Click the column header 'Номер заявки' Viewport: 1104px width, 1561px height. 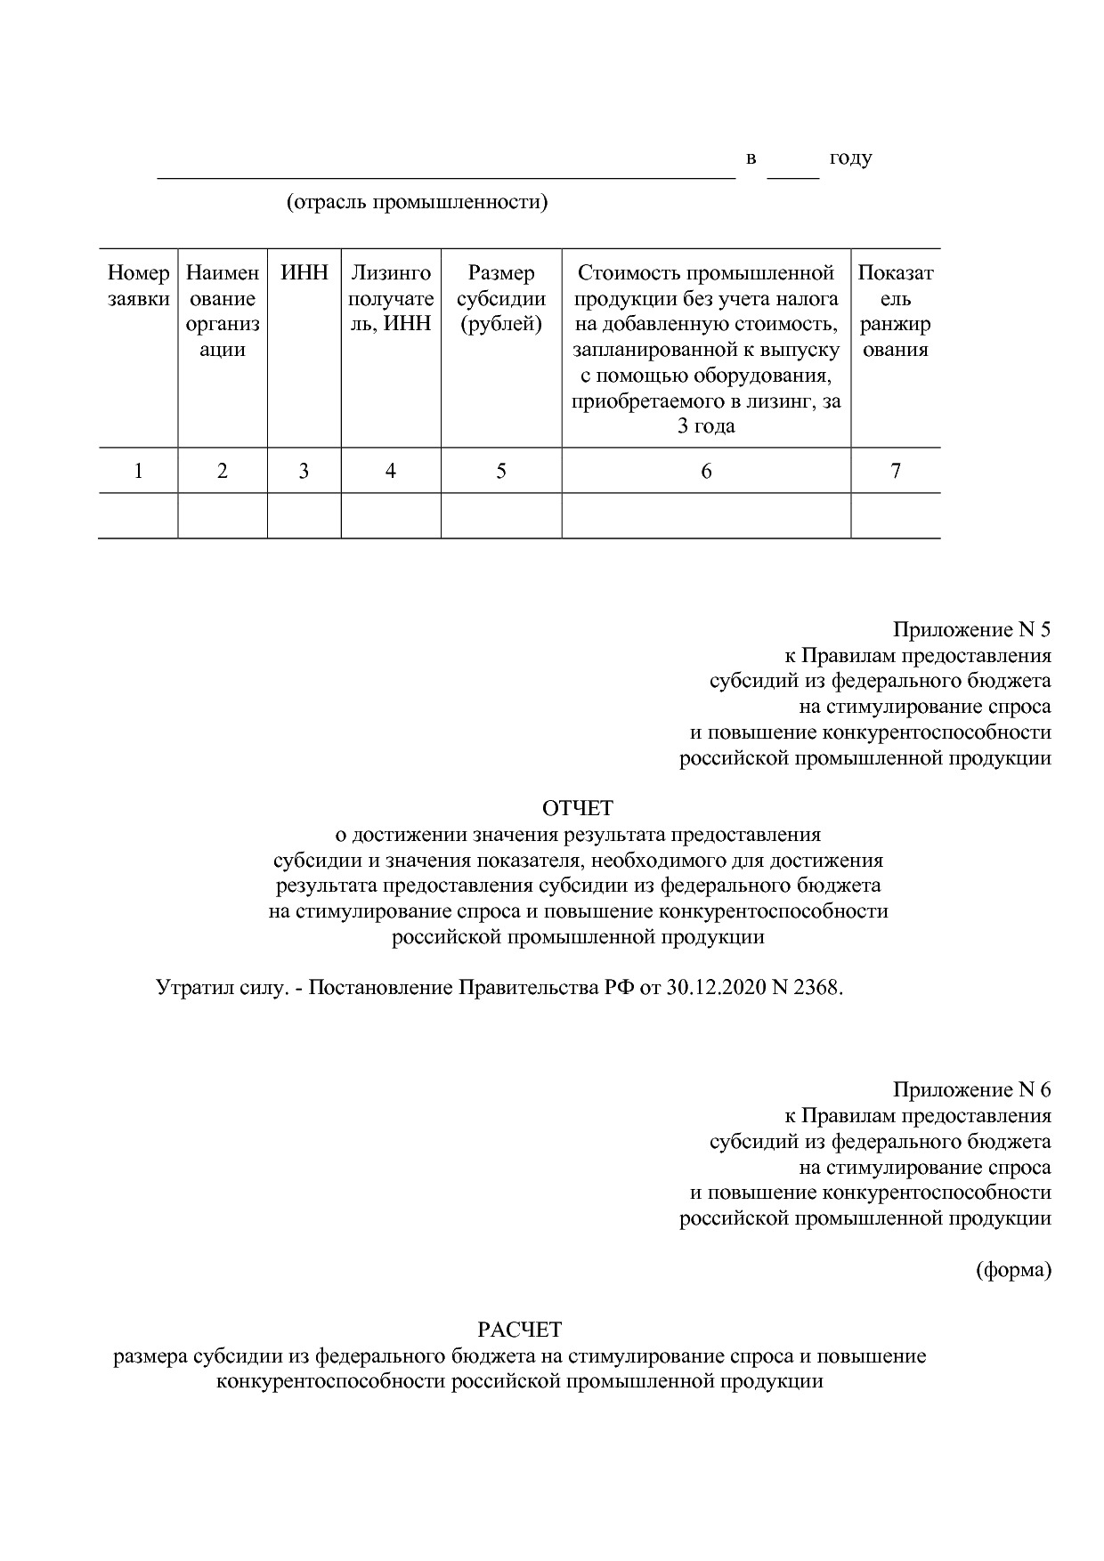coord(138,286)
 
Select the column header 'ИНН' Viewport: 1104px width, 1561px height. coord(304,273)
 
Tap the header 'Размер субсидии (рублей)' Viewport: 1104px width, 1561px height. coord(501,298)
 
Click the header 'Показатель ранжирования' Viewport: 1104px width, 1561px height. coord(896,311)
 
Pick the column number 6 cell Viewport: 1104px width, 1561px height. coord(706,471)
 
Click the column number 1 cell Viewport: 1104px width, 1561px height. coord(138,471)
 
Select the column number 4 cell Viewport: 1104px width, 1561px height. coord(390,471)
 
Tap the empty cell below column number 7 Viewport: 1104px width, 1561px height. coord(896,516)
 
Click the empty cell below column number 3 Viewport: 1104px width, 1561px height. coord(304,516)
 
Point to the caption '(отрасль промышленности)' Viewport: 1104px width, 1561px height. coord(417,203)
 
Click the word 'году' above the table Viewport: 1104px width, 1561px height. coord(850,159)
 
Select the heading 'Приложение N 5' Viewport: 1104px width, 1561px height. coord(972,631)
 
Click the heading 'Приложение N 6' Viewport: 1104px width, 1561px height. coord(972,1090)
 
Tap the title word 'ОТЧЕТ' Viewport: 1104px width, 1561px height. coord(579,808)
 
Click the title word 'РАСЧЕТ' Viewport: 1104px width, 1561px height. coord(520,1330)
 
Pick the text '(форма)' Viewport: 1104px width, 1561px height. coord(1013,1270)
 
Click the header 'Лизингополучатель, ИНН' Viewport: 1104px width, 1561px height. coord(390,298)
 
